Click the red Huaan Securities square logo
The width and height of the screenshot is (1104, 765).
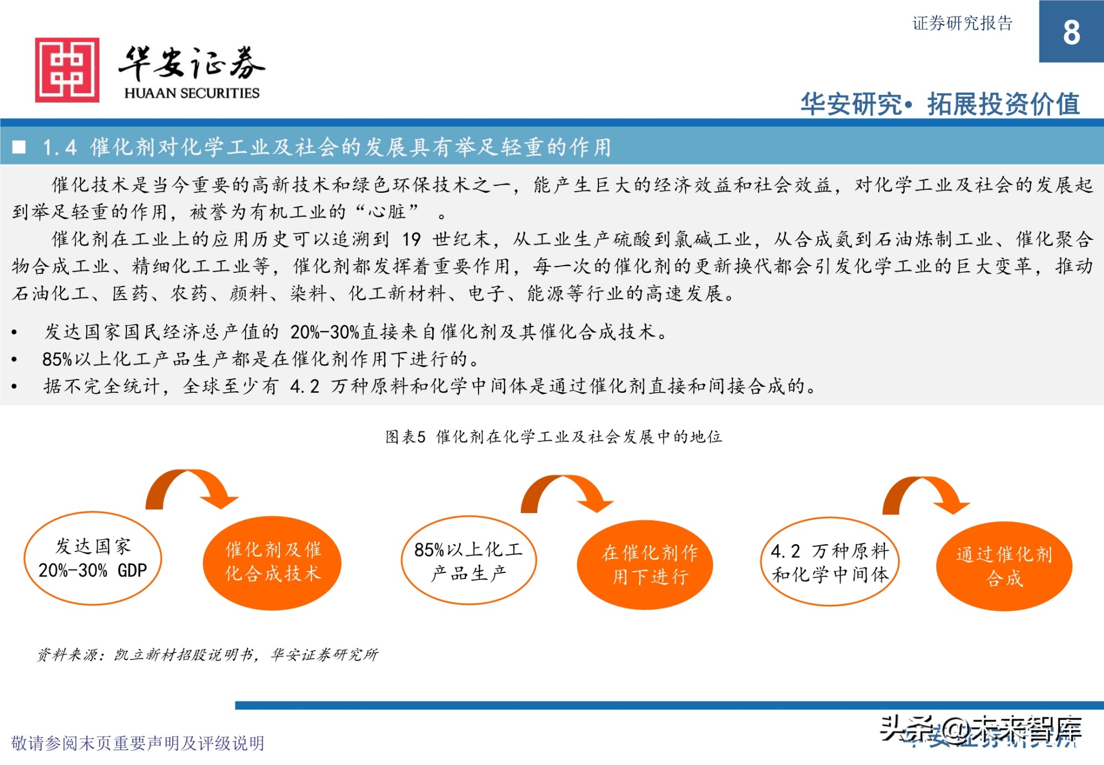coord(67,70)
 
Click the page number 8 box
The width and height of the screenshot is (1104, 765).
coord(1071,31)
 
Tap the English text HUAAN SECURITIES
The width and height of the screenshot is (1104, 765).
coord(192,93)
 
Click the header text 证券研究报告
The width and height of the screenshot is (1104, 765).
coord(962,23)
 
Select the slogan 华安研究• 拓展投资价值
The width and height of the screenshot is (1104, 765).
coord(940,104)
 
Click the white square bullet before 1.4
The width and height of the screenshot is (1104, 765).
coord(19,147)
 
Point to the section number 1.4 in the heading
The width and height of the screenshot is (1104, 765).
coord(60,147)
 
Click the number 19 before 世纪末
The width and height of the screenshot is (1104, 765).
coord(411,239)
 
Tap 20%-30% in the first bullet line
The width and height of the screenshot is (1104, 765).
coord(325,332)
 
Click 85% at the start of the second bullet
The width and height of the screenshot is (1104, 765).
coord(57,359)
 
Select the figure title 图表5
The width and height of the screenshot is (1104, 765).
coord(405,437)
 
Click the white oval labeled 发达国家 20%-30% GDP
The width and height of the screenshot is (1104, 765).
coord(93,558)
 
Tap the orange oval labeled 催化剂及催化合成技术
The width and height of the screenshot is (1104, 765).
coord(272,562)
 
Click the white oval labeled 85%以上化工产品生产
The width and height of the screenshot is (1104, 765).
coord(468,561)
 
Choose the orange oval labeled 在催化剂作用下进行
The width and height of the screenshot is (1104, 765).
coord(645,564)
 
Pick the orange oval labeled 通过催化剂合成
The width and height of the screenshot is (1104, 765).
coord(1004,566)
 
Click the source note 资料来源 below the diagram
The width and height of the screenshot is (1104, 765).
coord(208,655)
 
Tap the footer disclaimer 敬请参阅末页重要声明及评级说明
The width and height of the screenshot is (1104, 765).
coord(137,743)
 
